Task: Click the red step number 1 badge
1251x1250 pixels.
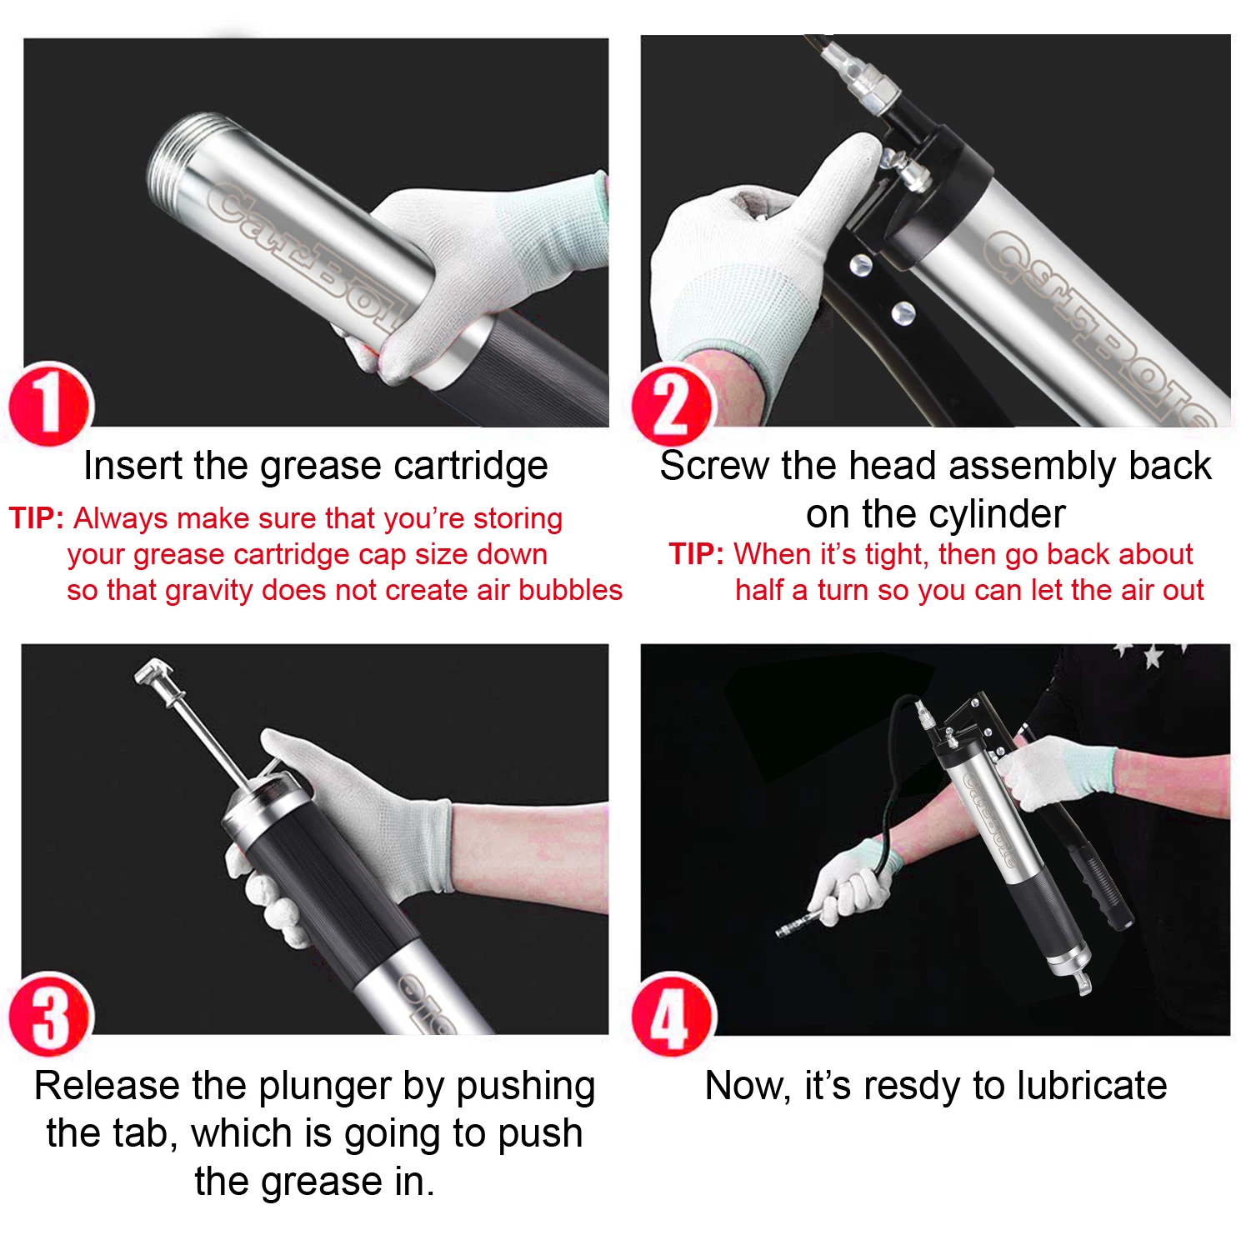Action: pyautogui.click(x=50, y=404)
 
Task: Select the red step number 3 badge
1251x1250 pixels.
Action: pyautogui.click(x=50, y=1014)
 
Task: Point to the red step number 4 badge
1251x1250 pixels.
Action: pyautogui.click(x=673, y=1014)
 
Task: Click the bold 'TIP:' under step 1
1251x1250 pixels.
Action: pyautogui.click(x=37, y=518)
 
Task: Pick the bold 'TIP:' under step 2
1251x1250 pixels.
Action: pyautogui.click(x=697, y=554)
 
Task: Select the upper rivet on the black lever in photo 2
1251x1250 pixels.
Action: pyautogui.click(x=859, y=267)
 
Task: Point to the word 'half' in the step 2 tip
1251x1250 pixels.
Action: pyautogui.click(x=759, y=590)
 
